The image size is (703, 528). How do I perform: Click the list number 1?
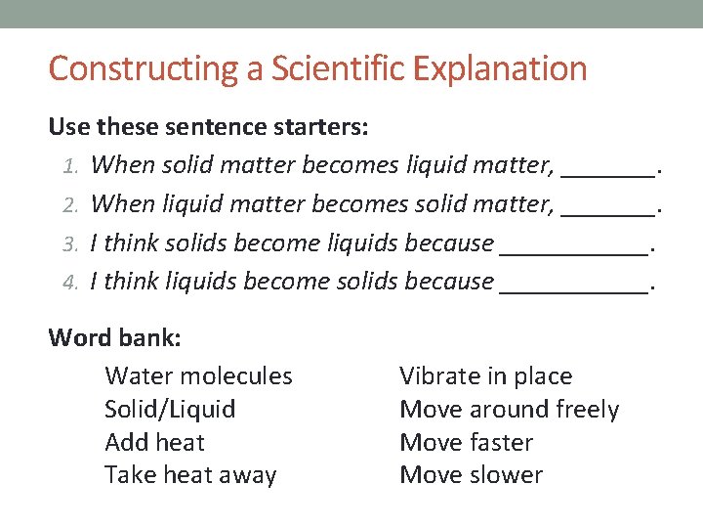coord(70,166)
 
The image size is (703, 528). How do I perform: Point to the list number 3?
coord(70,243)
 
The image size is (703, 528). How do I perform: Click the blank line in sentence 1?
coord(607,173)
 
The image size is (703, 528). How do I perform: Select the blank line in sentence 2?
coord(607,212)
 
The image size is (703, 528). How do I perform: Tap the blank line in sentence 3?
coord(573,251)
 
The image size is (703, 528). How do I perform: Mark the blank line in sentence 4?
coord(573,289)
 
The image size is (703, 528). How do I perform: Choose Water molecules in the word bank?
coord(198,376)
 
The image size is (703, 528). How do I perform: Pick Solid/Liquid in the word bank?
coord(170,410)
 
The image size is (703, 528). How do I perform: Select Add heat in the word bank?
coord(154,442)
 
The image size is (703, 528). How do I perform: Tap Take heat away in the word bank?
coord(190,475)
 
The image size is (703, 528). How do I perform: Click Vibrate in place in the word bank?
coord(485,376)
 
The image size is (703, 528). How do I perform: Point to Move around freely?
coord(509,410)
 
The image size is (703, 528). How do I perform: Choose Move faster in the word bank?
coord(466,442)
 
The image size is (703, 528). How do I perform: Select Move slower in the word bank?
coord(471,475)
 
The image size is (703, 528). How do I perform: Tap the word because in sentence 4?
coord(448,282)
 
